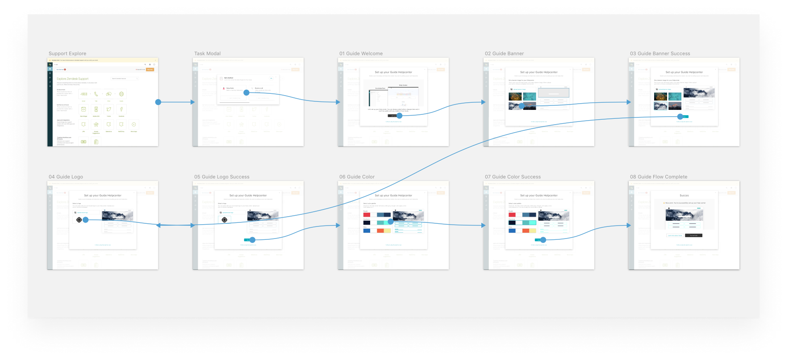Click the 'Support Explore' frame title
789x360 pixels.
coord(67,54)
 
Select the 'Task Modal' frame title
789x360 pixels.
coord(207,54)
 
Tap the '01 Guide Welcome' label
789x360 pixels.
coord(361,54)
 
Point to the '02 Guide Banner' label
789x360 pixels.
coord(504,54)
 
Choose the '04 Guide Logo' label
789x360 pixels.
coord(66,177)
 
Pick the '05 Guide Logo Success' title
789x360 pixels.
coord(221,177)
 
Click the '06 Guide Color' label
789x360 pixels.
coord(357,177)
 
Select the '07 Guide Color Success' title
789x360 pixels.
coord(513,177)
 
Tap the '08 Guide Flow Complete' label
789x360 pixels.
coord(659,177)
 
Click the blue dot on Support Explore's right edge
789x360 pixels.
coord(158,102)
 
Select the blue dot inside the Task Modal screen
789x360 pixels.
coord(246,92)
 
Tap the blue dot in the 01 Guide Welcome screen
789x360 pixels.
coord(400,116)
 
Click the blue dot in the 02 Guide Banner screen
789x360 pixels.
coord(522,106)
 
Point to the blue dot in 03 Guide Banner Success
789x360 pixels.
coord(680,117)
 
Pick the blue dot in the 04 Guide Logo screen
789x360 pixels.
coord(86,220)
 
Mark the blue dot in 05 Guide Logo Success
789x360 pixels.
coord(252,240)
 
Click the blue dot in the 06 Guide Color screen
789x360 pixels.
coord(391,222)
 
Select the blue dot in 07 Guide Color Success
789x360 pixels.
coord(543,240)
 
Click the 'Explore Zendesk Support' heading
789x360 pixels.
coord(73,79)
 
